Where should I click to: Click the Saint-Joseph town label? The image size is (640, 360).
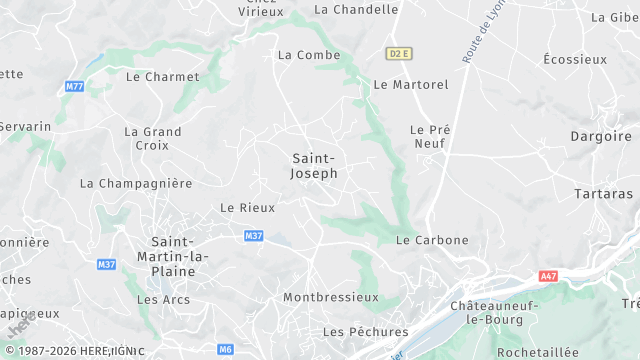pyautogui.click(x=314, y=166)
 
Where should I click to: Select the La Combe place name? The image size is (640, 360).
pyautogui.click(x=309, y=55)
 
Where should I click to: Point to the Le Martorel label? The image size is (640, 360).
pyautogui.click(x=410, y=85)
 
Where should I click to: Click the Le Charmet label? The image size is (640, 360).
pyautogui.click(x=162, y=76)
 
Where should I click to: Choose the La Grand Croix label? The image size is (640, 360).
pyautogui.click(x=153, y=138)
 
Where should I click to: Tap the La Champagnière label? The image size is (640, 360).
pyautogui.click(x=136, y=184)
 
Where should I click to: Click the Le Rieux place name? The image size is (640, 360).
pyautogui.click(x=240, y=208)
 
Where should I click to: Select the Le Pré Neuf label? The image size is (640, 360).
pyautogui.click(x=431, y=137)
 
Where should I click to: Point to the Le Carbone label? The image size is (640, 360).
pyautogui.click(x=432, y=240)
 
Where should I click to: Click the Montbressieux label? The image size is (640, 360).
pyautogui.click(x=331, y=297)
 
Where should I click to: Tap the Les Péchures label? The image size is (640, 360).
pyautogui.click(x=365, y=331)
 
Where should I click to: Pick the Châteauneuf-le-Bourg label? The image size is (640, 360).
pyautogui.click(x=495, y=312)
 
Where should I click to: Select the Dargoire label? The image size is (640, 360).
pyautogui.click(x=600, y=136)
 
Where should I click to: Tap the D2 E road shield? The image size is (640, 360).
pyautogui.click(x=398, y=52)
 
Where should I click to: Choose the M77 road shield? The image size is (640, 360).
pyautogui.click(x=74, y=86)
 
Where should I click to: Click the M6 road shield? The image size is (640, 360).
pyautogui.click(x=226, y=349)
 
